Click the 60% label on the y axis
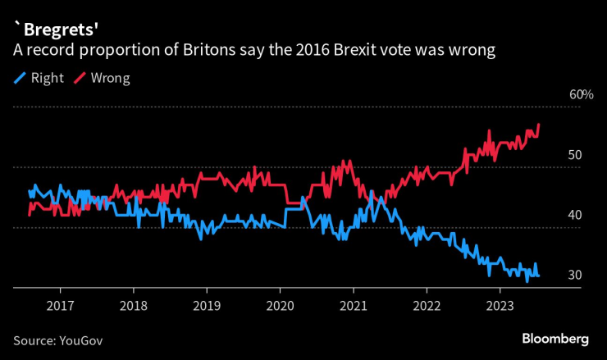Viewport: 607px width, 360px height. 581,95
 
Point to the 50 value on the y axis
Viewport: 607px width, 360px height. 577,155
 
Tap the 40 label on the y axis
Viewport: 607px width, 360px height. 577,215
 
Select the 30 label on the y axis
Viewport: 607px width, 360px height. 577,275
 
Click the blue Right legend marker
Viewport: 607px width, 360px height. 20,79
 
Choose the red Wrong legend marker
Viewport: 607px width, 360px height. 80,79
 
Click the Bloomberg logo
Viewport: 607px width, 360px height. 556,338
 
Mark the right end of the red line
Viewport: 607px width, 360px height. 539,125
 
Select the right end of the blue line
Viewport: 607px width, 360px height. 539,276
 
